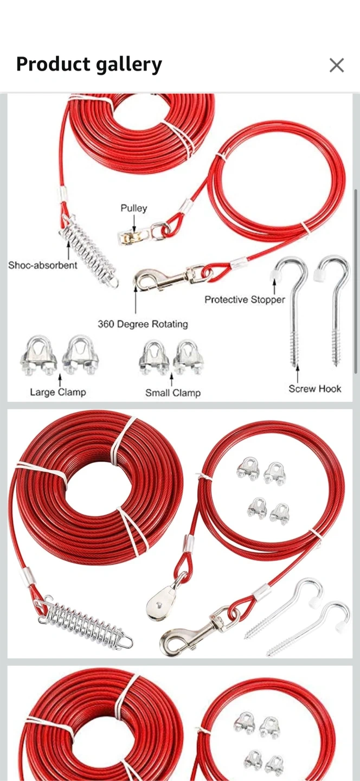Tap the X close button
(x=336, y=65)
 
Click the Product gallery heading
(x=89, y=65)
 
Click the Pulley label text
(x=134, y=208)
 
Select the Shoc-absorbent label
(x=43, y=265)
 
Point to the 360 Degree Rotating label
(x=143, y=324)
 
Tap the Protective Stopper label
(x=245, y=299)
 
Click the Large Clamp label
(x=58, y=392)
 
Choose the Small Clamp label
(x=173, y=393)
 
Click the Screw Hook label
(x=314, y=389)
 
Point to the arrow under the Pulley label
(x=134, y=222)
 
